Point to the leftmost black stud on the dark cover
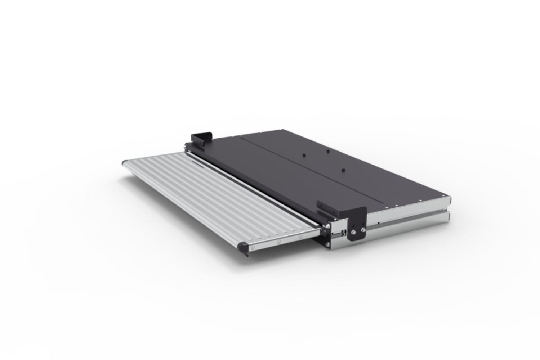(303, 155)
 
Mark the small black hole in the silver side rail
(378, 224)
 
